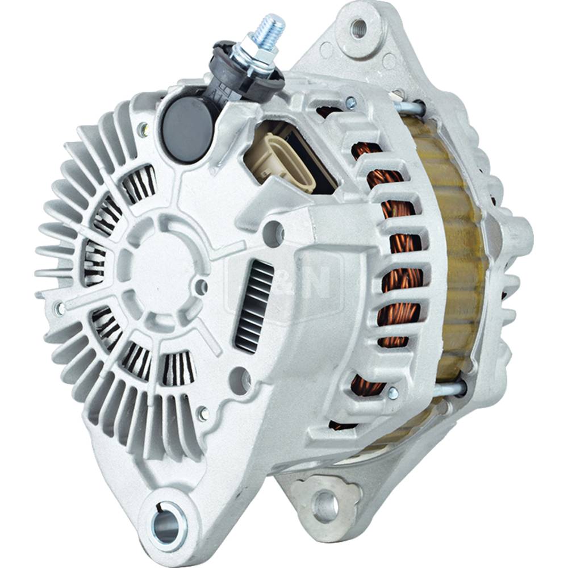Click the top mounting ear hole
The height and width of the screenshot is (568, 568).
pos(358,28)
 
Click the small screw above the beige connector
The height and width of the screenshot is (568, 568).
pos(350,103)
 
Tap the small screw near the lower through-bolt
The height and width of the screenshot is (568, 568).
pos(392,392)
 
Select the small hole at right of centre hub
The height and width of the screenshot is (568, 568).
pos(201,285)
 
